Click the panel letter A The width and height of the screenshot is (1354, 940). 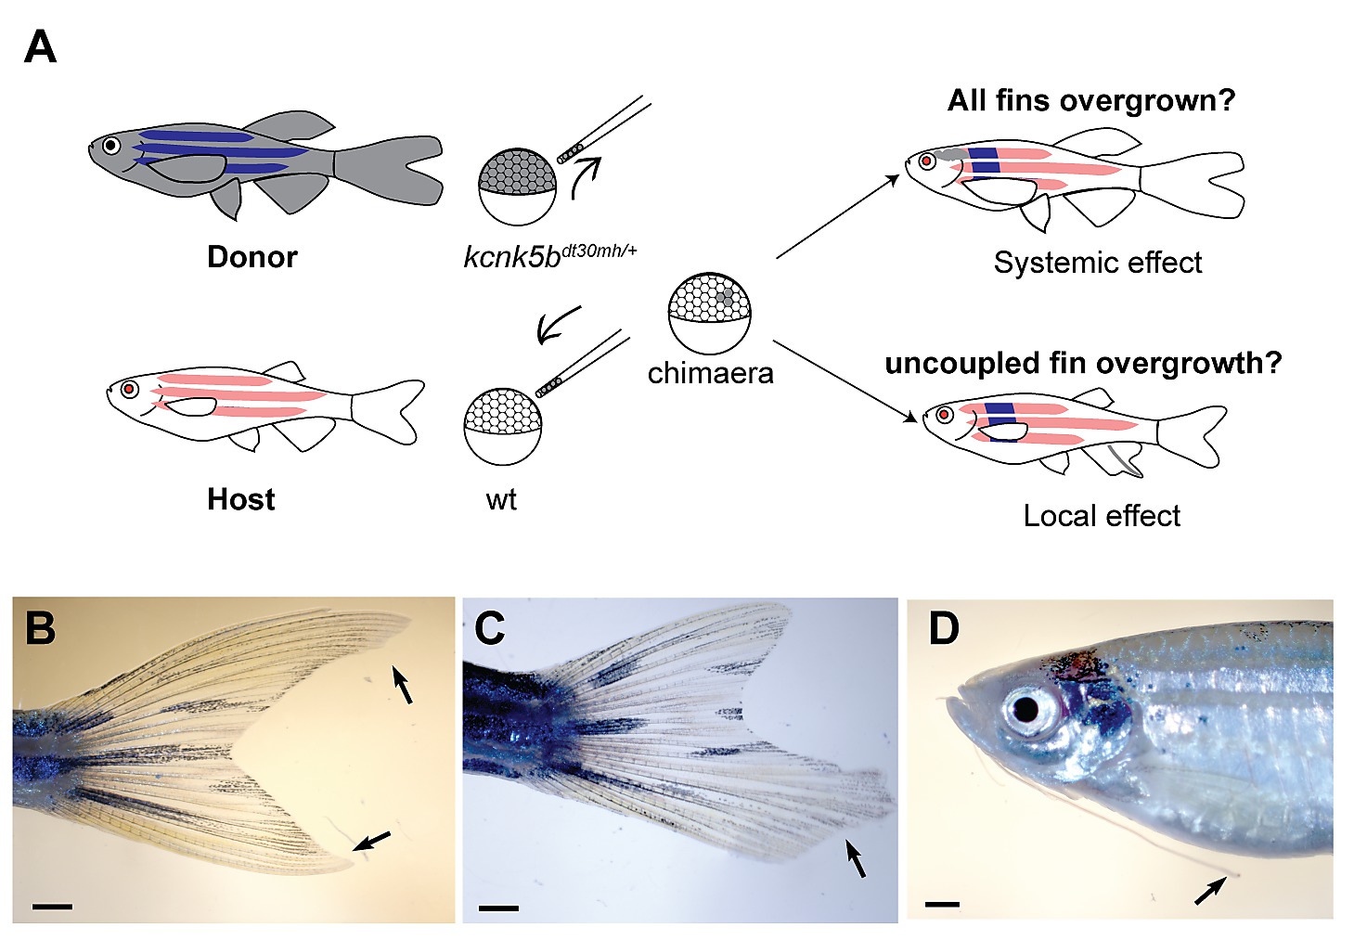[40, 46]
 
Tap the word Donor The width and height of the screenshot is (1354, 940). [251, 256]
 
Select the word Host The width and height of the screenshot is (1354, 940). [240, 499]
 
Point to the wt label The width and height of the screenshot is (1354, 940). [500, 500]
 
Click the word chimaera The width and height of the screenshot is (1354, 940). [710, 373]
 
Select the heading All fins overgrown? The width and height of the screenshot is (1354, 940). [1090, 100]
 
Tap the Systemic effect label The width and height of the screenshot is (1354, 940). [1097, 263]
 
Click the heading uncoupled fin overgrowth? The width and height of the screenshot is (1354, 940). [1082, 363]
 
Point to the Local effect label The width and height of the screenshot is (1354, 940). [1102, 516]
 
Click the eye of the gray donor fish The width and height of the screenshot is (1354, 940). [111, 146]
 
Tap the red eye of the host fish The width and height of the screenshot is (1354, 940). [129, 389]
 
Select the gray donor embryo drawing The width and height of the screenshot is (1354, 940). [517, 186]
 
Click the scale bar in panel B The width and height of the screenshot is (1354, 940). [52, 904]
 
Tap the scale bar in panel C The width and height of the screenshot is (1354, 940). [499, 907]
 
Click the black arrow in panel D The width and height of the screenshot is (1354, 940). [1209, 891]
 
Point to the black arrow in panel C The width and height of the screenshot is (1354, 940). [857, 857]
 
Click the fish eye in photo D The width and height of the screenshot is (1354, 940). [1025, 710]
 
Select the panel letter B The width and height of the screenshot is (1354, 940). [40, 628]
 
